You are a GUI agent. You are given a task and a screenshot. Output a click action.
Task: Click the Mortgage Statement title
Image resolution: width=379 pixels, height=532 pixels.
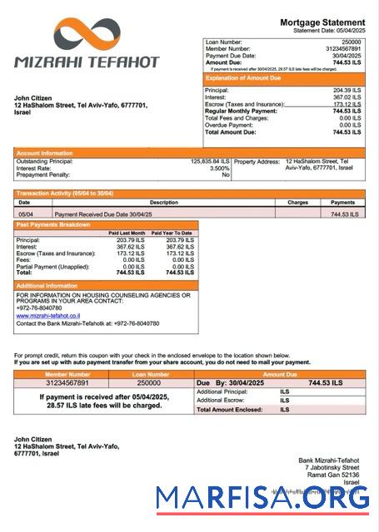(322, 22)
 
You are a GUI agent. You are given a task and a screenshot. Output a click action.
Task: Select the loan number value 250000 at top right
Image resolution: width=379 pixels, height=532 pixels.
(352, 42)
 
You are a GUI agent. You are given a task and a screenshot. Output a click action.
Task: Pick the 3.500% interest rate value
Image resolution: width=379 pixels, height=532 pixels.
(219, 168)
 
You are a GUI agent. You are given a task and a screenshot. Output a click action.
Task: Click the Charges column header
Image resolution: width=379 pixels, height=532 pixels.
(297, 202)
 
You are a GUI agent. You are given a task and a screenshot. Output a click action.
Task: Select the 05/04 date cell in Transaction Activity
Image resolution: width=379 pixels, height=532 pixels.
(25, 214)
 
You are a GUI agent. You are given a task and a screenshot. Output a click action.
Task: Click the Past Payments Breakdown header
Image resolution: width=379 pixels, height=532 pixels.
(53, 224)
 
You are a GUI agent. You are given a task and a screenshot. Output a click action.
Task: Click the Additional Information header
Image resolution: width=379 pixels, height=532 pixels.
(51, 285)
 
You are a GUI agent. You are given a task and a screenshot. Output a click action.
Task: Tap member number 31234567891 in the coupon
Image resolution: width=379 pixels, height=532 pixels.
(67, 382)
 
